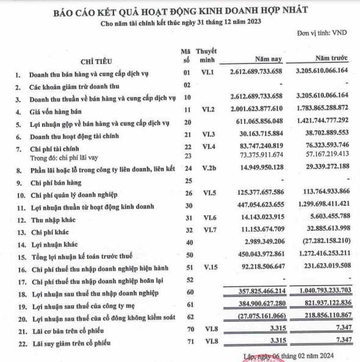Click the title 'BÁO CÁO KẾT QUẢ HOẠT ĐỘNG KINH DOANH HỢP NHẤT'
point(181,10)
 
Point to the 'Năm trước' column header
point(331,59)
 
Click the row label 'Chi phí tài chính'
point(54,147)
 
